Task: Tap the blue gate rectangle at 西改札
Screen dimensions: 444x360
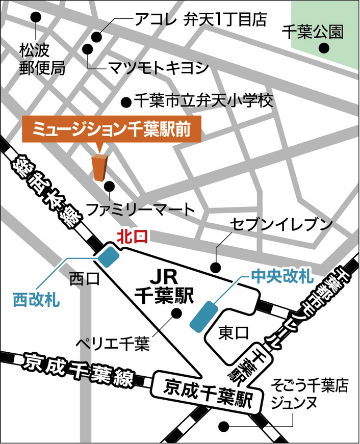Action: tap(108, 256)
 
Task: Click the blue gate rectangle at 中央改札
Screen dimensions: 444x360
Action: tap(203, 315)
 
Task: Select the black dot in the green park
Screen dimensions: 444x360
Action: tap(323, 48)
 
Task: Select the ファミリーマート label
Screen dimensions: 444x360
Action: tap(140, 209)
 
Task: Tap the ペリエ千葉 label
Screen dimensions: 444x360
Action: tap(113, 345)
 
